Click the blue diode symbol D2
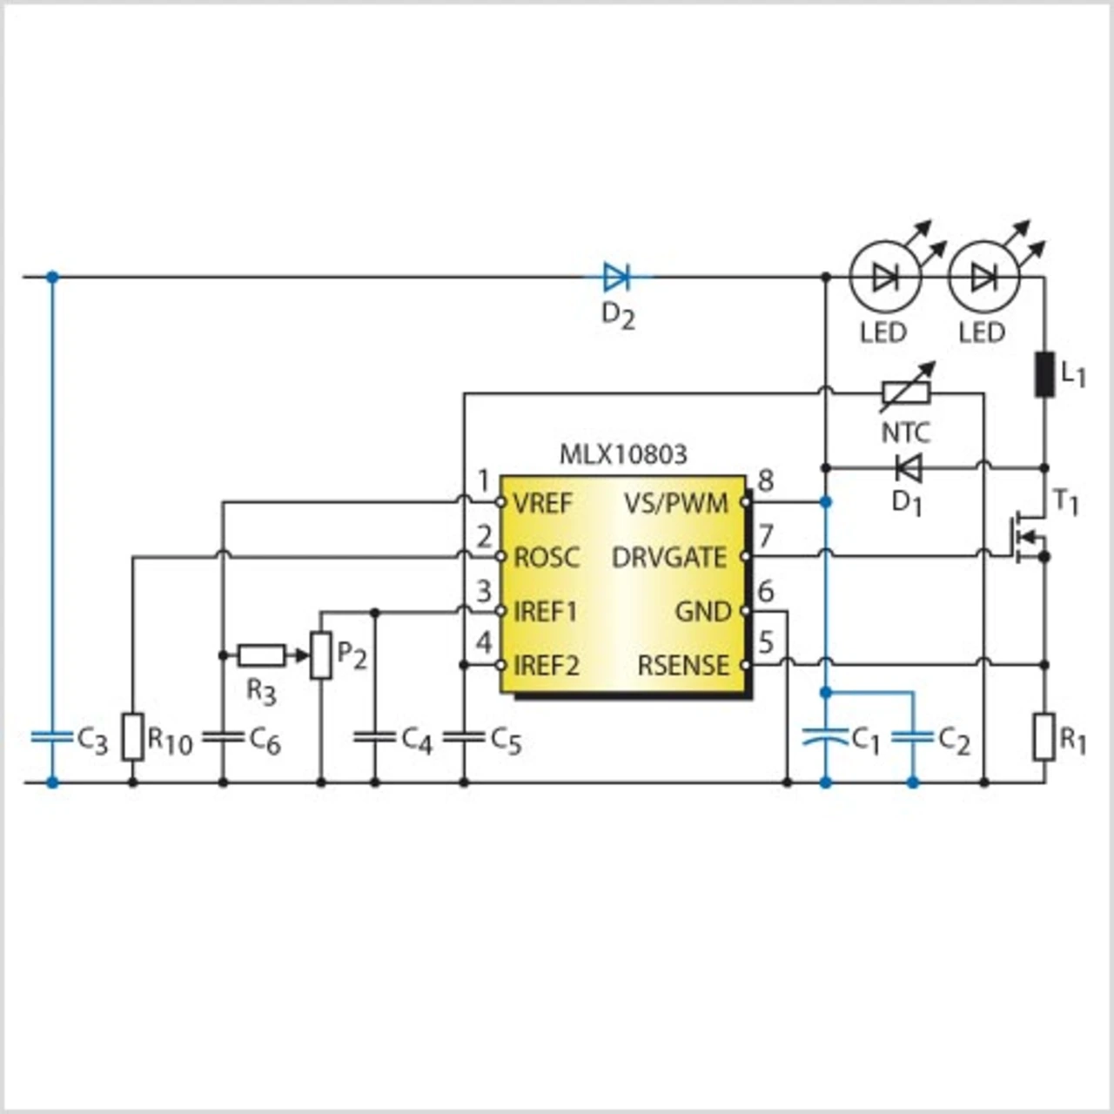pos(616,278)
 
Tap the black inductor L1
pos(1044,374)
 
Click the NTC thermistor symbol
pos(906,394)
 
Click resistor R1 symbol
pos(1044,737)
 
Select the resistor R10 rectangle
pos(132,737)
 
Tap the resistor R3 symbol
pos(261,655)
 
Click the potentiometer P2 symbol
pos(321,655)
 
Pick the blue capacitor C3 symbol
pos(52,737)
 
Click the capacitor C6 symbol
pos(223,737)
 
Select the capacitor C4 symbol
pos(375,737)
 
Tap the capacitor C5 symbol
pos(464,737)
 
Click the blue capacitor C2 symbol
pos(912,737)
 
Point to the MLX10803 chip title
pos(623,454)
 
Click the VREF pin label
pos(543,503)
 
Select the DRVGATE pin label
pos(668,557)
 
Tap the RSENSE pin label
pos(683,666)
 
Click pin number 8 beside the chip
pos(766,480)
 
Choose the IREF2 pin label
pos(547,666)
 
